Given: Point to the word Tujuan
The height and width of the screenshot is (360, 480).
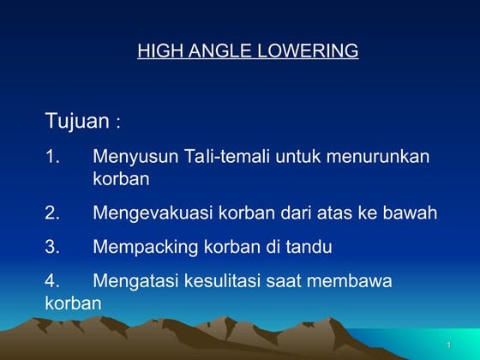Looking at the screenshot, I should [x=77, y=122].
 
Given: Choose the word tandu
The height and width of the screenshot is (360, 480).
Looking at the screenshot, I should [x=309, y=248].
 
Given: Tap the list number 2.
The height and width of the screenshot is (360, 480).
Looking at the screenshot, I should [x=51, y=213].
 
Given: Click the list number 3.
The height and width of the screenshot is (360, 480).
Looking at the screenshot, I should [x=51, y=248].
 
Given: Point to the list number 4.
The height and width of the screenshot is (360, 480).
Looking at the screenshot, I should [x=51, y=281].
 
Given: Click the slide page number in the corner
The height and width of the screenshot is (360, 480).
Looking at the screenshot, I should [x=448, y=345].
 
